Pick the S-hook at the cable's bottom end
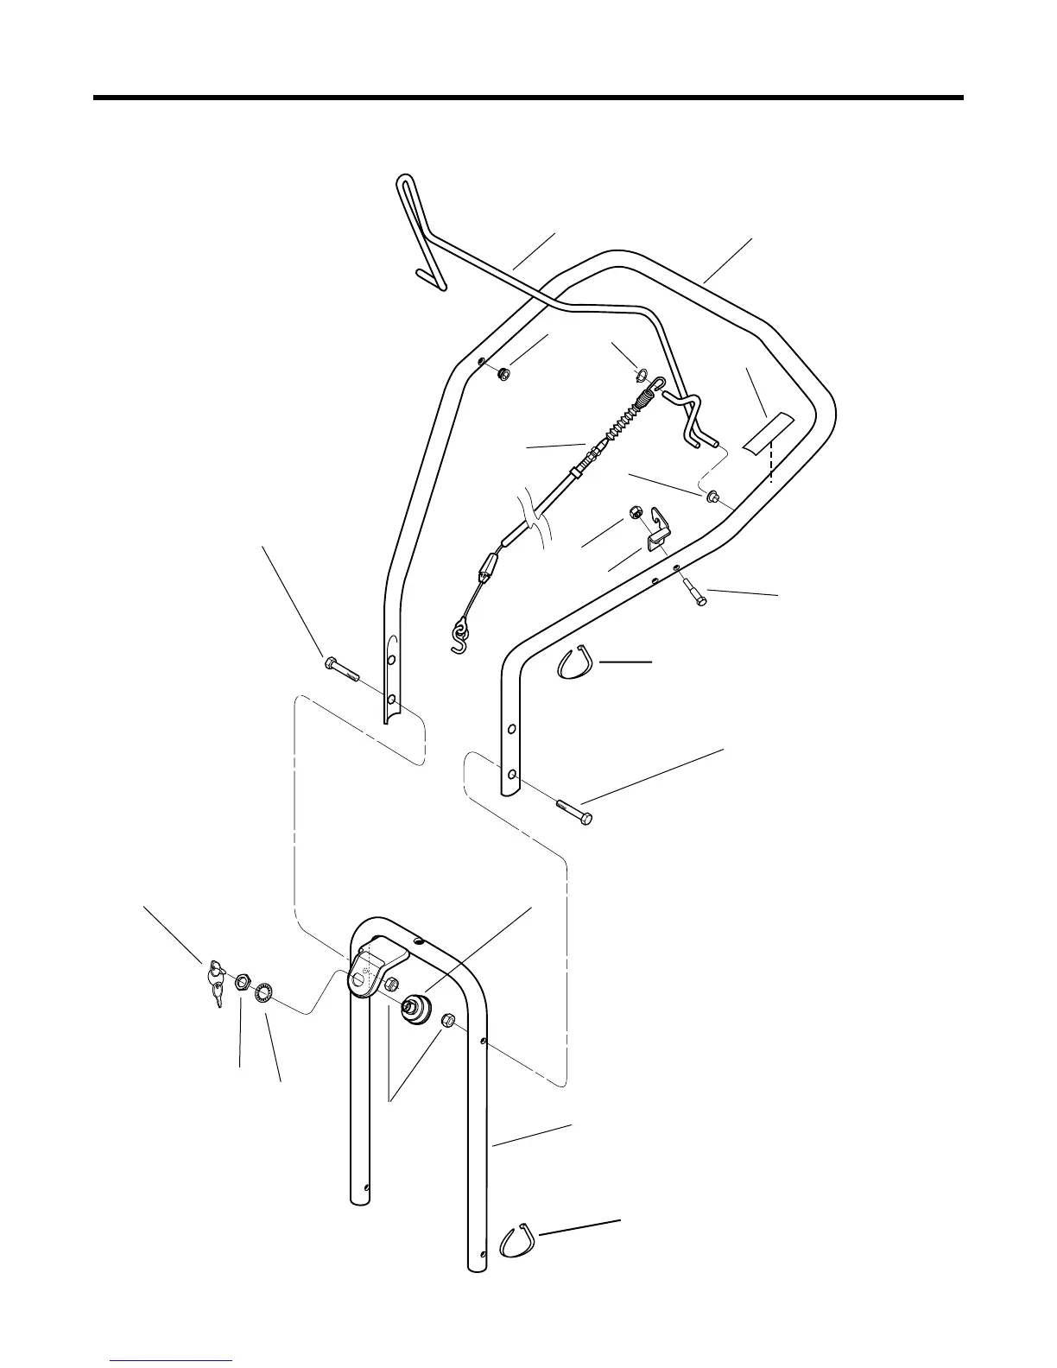click(460, 636)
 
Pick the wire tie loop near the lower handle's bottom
click(518, 1242)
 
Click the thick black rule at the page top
click(528, 98)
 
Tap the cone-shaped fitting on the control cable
click(486, 568)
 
